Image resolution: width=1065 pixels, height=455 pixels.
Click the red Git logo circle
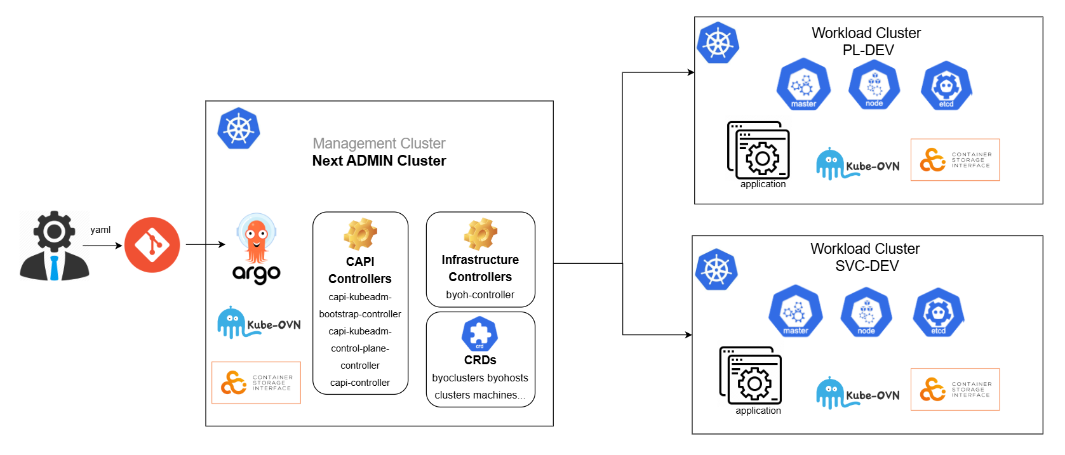(152, 245)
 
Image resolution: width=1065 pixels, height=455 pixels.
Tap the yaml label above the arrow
(100, 230)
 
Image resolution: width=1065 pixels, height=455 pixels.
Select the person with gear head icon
(54, 246)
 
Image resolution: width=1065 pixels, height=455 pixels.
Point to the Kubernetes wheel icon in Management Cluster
(239, 129)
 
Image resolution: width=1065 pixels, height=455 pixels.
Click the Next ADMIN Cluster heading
(379, 161)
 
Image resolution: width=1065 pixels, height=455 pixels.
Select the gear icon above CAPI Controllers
(360, 234)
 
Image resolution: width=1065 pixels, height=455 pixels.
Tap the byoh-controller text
(480, 295)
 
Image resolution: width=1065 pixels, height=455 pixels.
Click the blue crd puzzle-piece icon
(479, 334)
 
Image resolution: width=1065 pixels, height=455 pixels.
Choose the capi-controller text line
(360, 383)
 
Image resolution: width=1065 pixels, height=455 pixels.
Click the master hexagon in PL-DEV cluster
(803, 84)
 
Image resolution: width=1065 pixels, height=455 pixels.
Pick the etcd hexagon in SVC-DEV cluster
(938, 312)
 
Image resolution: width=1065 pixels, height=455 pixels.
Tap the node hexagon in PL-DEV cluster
(874, 84)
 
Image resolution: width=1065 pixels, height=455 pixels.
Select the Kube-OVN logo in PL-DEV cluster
(857, 164)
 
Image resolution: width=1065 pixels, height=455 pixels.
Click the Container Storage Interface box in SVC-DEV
(954, 389)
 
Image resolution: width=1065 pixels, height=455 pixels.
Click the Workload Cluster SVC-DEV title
(865, 257)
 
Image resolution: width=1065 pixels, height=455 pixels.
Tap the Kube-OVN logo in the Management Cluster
(258, 322)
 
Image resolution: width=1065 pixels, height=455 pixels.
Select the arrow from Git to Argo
(205, 244)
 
